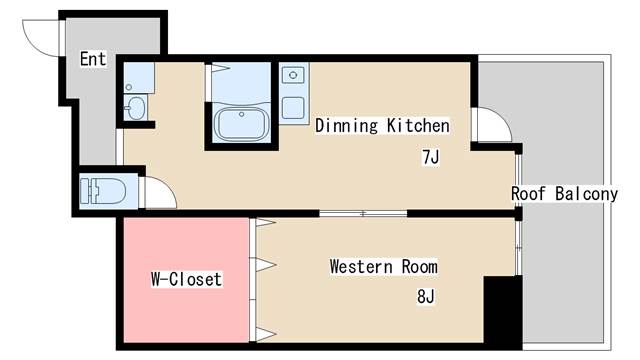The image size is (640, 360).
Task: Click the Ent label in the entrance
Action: click(x=93, y=59)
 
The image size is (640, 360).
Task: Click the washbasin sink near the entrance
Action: click(x=135, y=108)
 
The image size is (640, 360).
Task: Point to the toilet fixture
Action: click(x=103, y=191)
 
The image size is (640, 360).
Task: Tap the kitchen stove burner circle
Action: click(x=293, y=75)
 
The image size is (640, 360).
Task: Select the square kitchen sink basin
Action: click(x=293, y=108)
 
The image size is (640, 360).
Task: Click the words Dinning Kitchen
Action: click(x=382, y=126)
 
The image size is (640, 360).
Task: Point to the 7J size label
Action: click(x=430, y=157)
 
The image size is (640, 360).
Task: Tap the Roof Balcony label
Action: click(x=565, y=194)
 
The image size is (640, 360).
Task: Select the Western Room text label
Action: click(x=384, y=267)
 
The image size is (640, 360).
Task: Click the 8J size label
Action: click(x=426, y=296)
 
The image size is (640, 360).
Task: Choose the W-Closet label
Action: click(x=187, y=279)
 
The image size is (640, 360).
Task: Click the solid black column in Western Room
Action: click(x=502, y=309)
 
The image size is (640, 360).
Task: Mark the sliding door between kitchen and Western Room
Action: click(x=363, y=213)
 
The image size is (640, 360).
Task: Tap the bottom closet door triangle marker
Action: click(x=265, y=334)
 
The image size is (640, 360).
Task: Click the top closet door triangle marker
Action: click(x=265, y=223)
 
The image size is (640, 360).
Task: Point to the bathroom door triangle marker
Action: click(x=220, y=67)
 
